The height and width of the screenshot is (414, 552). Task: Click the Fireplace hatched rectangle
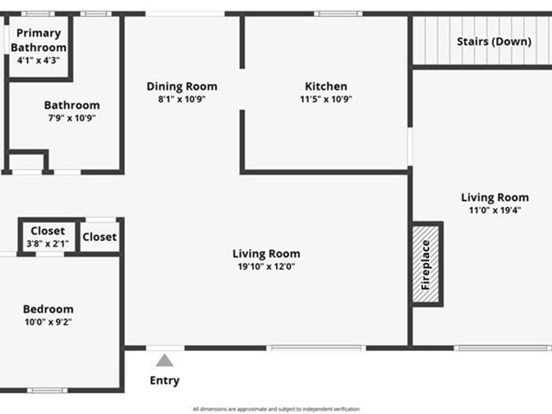426,264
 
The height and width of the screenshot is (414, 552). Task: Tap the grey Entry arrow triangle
164,360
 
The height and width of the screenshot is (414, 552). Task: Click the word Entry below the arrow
164,380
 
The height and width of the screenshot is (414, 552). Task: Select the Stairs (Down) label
494,42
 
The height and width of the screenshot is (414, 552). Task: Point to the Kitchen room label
326,86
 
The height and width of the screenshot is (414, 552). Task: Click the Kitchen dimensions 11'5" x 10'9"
326,99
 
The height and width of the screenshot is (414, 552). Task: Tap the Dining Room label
182,86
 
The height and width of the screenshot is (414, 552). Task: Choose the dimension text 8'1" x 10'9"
182,99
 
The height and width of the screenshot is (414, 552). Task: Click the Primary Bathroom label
39,40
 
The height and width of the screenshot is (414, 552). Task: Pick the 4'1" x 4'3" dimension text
39,60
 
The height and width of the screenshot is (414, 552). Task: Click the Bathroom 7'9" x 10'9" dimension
71,118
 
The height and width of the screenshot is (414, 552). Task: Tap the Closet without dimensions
99,237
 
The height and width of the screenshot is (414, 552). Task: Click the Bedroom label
48,309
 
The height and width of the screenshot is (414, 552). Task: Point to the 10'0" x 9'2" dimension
48,321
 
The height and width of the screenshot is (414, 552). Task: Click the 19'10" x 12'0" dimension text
266,267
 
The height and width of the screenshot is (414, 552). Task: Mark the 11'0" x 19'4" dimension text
494,210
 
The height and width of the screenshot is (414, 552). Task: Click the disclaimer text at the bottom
276,408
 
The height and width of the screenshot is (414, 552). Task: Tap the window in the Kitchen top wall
338,13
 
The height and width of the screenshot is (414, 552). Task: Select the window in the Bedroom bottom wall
47,390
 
